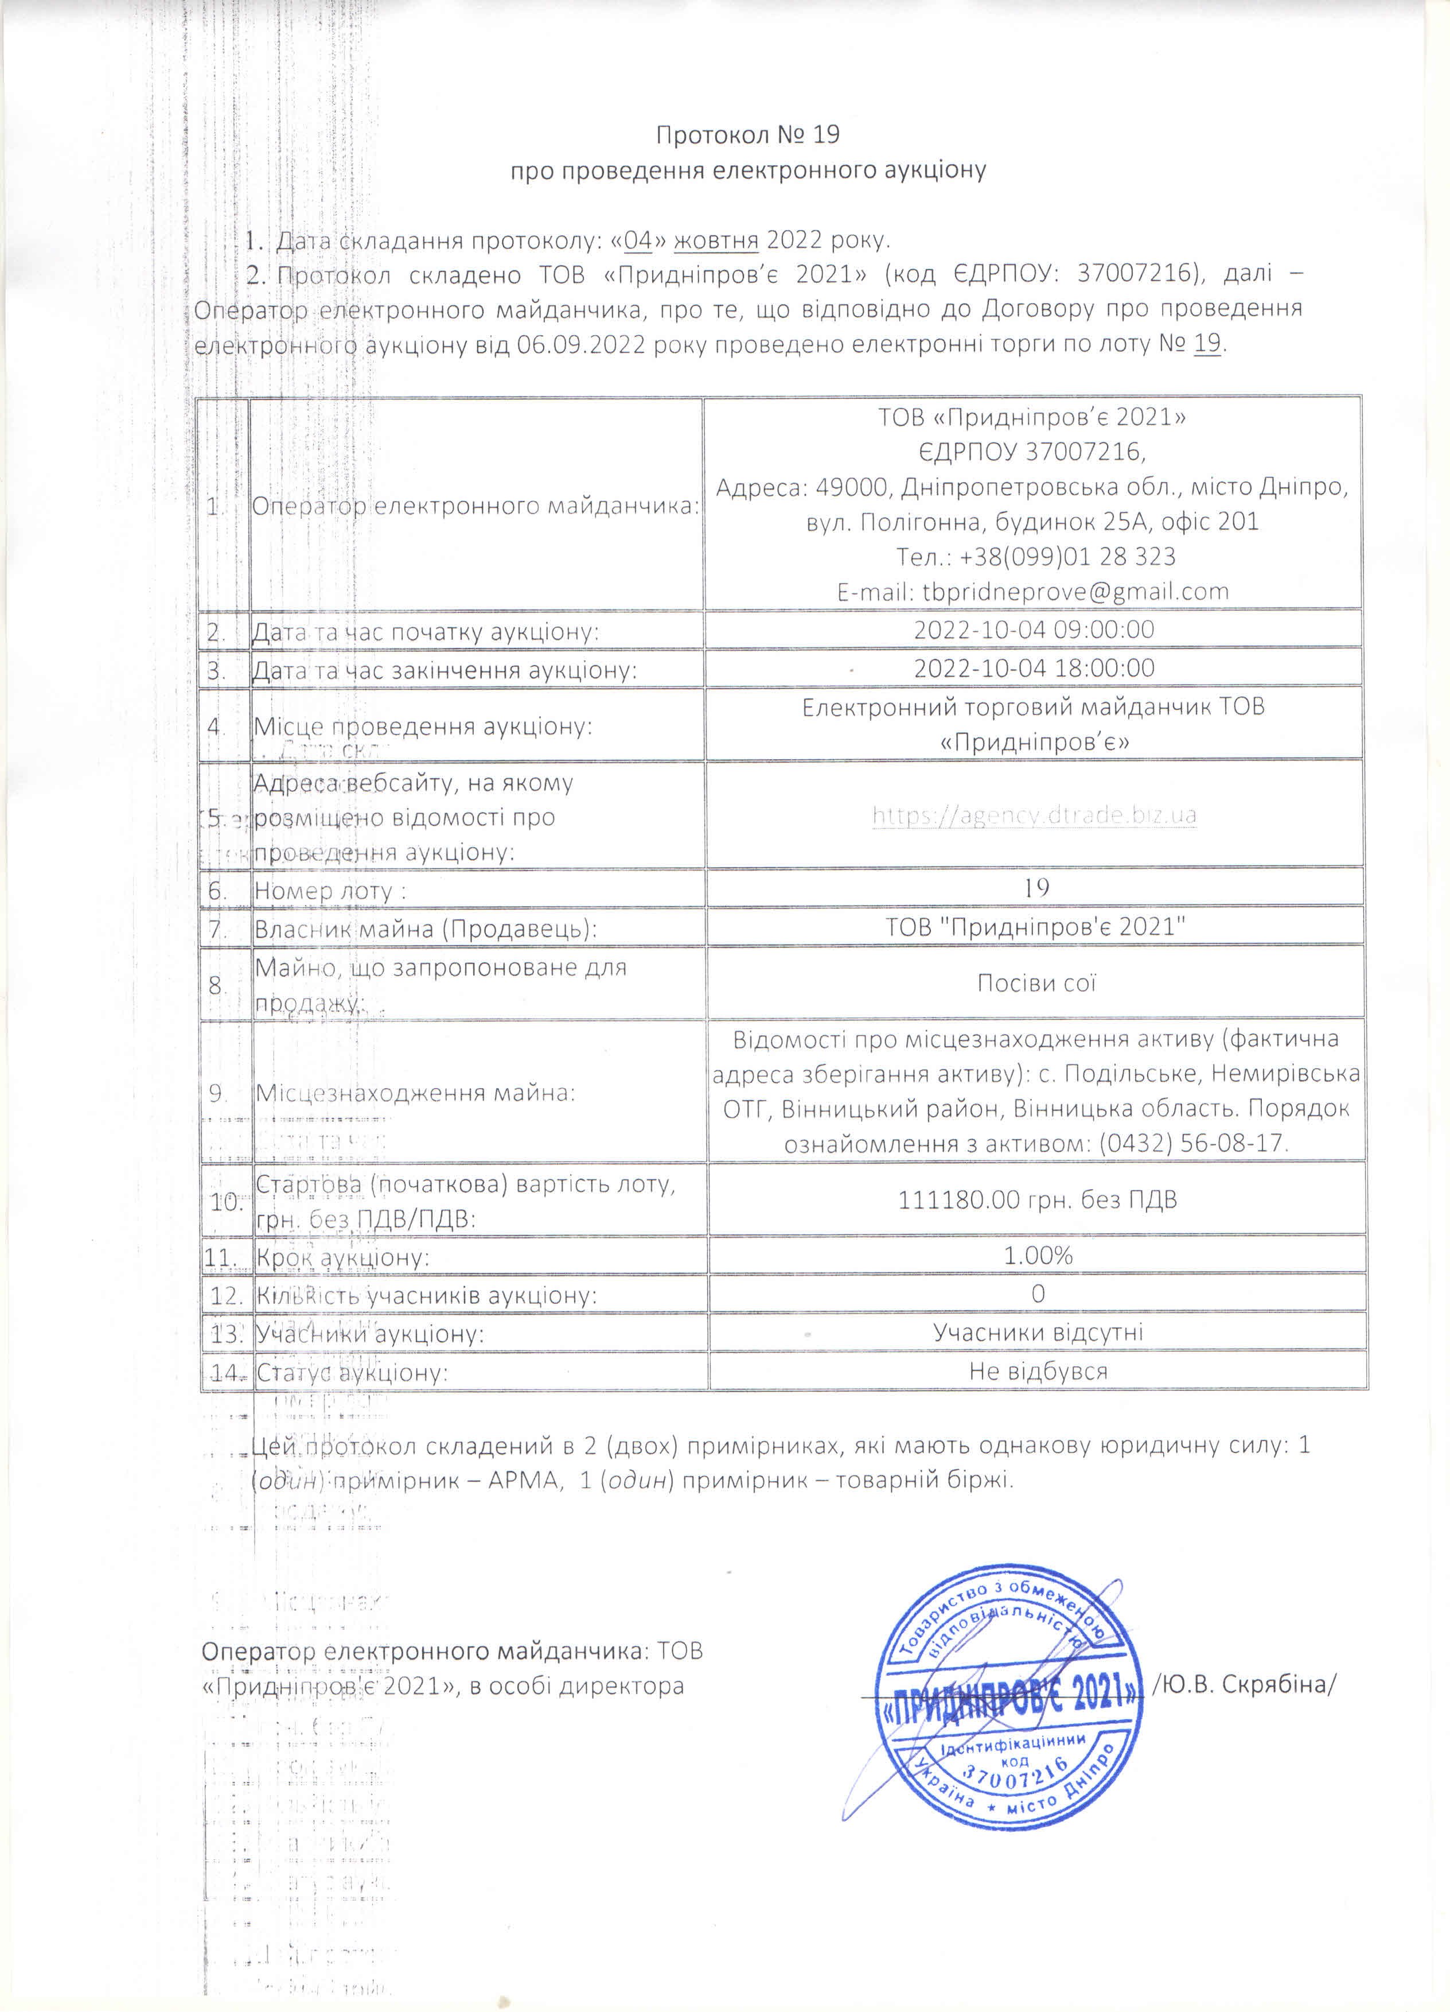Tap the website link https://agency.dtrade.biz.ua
point(1034,814)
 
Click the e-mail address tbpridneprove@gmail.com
point(1075,592)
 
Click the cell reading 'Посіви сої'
point(1036,983)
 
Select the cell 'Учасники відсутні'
point(1038,1333)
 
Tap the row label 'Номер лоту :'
point(330,891)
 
